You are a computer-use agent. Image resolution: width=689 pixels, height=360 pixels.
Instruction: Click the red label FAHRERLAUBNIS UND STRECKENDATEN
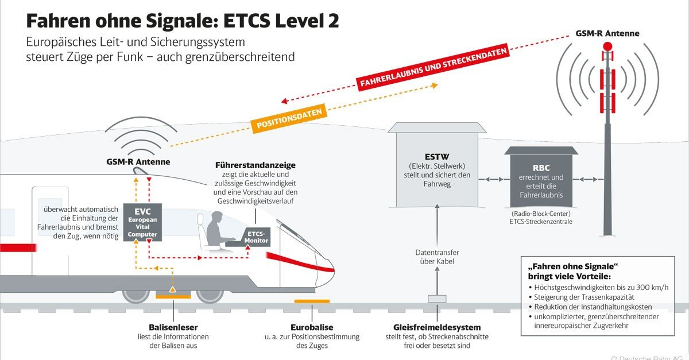coord(433,68)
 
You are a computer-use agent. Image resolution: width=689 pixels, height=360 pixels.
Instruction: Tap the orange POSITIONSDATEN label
coord(289,117)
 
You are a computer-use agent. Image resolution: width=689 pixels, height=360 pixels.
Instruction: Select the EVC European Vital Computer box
coord(142,221)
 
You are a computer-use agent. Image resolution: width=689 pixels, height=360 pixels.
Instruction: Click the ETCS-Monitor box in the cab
coord(257,237)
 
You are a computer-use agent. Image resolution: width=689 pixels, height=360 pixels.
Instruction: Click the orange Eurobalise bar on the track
coord(312,301)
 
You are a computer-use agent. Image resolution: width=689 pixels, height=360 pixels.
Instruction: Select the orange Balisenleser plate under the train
coord(173,296)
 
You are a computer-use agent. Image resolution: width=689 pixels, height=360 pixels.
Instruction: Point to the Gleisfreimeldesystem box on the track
coord(437,299)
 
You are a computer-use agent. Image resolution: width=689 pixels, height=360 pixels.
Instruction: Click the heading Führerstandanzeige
coord(256,165)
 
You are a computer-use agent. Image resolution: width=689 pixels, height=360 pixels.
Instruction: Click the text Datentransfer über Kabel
coord(437,257)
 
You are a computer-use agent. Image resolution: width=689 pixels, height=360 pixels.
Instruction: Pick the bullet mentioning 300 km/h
coord(600,287)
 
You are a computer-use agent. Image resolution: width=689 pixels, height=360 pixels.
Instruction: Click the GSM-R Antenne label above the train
coord(138,162)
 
